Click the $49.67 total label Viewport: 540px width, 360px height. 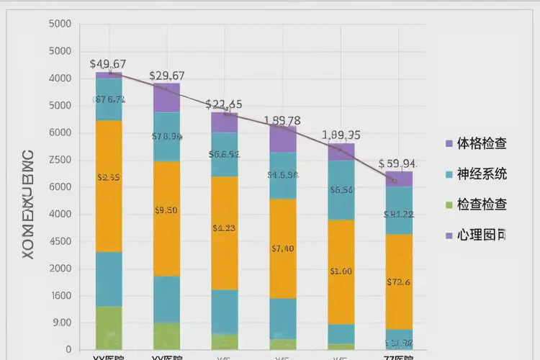[x=108, y=63]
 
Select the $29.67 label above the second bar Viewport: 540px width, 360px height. [x=167, y=76]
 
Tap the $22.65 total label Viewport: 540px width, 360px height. [x=224, y=104]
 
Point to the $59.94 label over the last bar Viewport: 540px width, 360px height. [x=397, y=163]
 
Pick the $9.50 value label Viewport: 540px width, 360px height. [x=166, y=210]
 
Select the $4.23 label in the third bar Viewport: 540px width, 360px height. [x=224, y=228]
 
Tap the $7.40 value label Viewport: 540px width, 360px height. [x=282, y=249]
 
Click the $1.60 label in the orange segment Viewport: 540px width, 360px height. [x=341, y=271]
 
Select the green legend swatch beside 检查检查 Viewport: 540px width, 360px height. [x=449, y=205]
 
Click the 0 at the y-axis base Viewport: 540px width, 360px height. [x=68, y=350]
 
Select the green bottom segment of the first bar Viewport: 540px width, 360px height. [x=109, y=328]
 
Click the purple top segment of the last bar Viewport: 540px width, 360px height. [x=399, y=179]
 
